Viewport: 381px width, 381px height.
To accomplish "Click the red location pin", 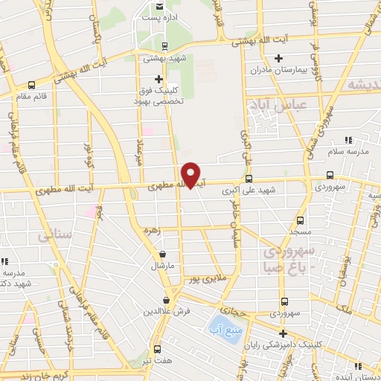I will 191,176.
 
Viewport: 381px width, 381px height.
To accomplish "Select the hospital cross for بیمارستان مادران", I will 278,58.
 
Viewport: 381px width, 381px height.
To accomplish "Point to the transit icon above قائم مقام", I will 31,85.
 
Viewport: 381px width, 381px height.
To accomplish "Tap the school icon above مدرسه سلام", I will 348,140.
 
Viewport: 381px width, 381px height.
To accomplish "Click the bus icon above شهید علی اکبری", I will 249,179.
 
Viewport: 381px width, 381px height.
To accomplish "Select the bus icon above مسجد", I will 300,221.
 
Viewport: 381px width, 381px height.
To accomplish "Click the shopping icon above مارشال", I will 162,254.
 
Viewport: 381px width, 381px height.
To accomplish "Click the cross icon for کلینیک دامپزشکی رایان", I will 284,333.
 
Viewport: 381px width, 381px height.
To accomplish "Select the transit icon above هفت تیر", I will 157,348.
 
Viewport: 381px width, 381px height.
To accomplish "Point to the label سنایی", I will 51,235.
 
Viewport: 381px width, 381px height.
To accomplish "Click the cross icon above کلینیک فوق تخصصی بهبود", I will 158,79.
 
